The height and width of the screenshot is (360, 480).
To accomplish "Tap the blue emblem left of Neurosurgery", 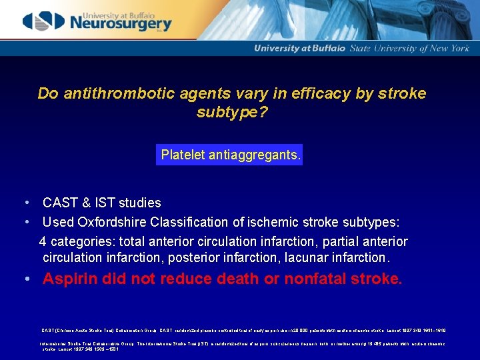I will [43, 21].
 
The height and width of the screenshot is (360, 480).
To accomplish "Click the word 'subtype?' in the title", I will [232, 112].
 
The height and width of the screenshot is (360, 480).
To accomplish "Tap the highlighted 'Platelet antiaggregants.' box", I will [230, 155].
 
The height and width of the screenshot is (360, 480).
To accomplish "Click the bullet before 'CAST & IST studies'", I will [25, 203].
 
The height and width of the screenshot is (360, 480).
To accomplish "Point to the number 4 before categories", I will [43, 241].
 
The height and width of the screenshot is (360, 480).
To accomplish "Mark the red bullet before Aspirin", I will [25, 279].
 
